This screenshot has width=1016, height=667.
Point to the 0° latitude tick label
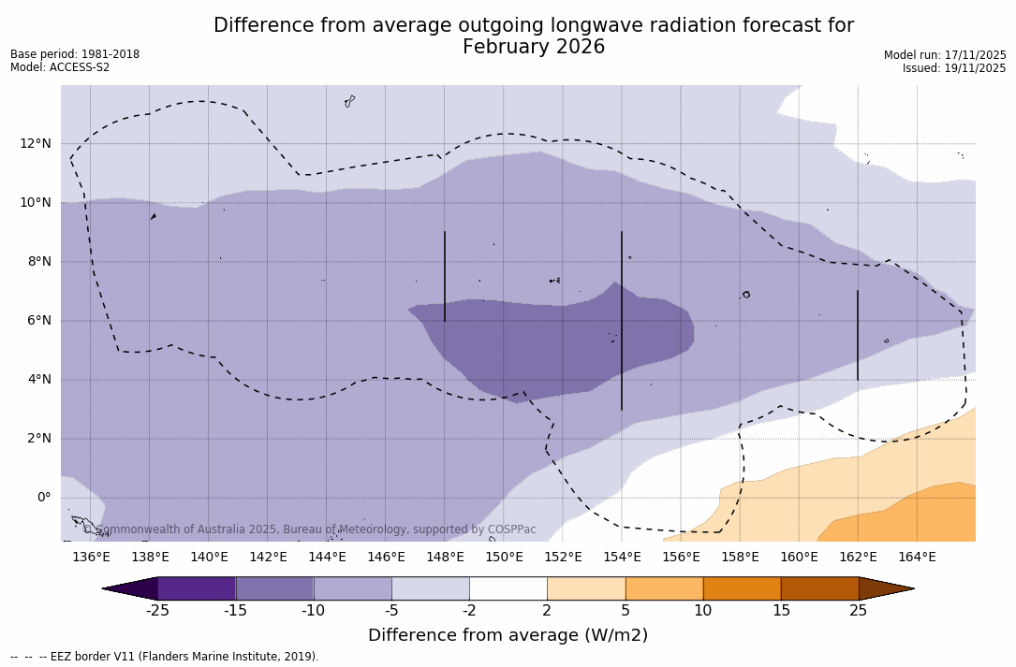pos(43,498)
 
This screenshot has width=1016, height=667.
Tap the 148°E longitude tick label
pos(445,558)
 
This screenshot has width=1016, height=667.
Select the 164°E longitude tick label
pos(917,558)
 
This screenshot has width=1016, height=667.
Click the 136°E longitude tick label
pos(91,558)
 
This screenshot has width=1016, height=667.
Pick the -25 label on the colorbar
pos(157,611)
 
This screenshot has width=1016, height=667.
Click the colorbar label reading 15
pos(780,611)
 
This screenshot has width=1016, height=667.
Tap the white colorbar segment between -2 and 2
pos(508,588)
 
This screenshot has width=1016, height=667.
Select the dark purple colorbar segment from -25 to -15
pos(197,588)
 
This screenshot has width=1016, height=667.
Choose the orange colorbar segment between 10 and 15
pos(742,588)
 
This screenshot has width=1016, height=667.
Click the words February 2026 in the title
pos(534,47)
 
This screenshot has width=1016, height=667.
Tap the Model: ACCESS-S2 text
pos(60,67)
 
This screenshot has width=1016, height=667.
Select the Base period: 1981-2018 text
pos(75,54)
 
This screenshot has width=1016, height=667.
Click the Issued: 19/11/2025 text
pos(954,68)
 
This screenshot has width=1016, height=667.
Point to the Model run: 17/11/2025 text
pos(945,55)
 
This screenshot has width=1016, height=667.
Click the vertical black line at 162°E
pos(858,335)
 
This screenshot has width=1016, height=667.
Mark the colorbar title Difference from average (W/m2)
pos(508,636)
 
